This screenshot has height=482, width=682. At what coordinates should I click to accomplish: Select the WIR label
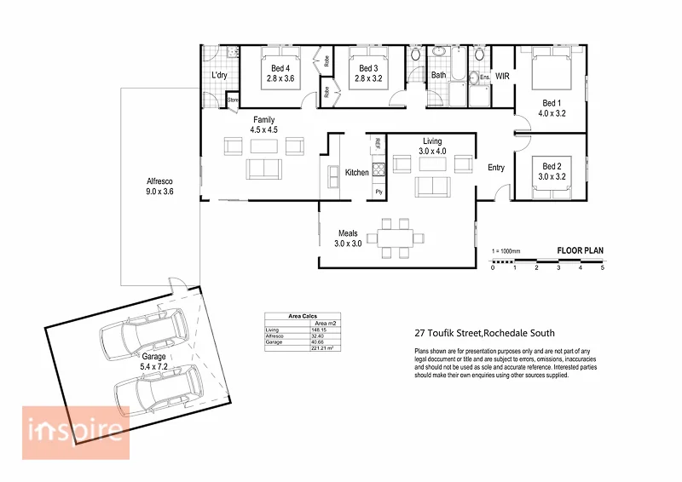click(x=503, y=75)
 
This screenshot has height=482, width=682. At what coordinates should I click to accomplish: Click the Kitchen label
click(x=356, y=173)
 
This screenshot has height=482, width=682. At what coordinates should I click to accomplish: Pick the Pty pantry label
click(x=379, y=192)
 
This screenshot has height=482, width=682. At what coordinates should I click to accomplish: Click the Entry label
click(x=496, y=167)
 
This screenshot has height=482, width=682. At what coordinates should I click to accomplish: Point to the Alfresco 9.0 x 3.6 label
click(x=160, y=186)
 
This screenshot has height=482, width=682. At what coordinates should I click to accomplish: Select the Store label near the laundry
click(x=233, y=101)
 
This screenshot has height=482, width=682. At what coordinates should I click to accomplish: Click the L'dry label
click(x=219, y=76)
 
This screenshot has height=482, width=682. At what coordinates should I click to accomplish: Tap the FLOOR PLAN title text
click(x=580, y=250)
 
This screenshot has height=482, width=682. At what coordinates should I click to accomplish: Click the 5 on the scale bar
click(x=602, y=268)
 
